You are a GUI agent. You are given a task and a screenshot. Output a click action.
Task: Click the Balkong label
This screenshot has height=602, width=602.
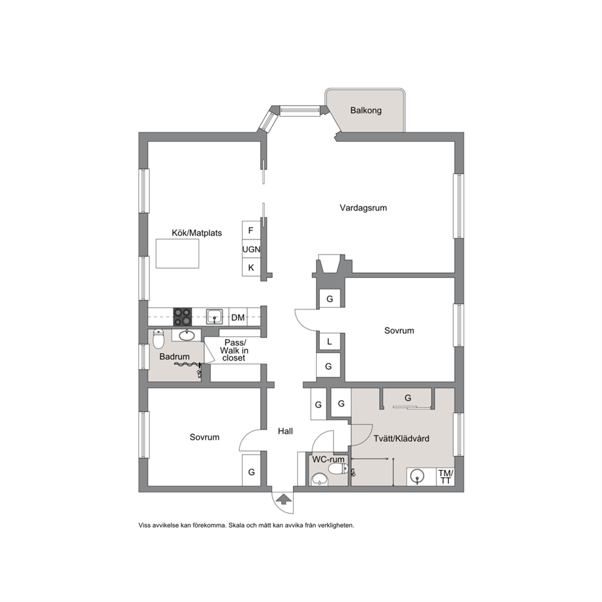pyautogui.click(x=365, y=110)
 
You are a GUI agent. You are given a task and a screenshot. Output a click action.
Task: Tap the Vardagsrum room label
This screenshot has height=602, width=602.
pyautogui.click(x=363, y=208)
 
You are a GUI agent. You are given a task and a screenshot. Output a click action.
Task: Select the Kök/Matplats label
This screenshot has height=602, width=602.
pyautogui.click(x=197, y=232)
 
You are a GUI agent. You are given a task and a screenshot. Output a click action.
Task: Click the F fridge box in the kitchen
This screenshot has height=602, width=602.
pyautogui.click(x=251, y=231)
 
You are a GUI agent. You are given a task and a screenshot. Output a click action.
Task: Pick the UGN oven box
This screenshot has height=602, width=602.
pyautogui.click(x=251, y=249)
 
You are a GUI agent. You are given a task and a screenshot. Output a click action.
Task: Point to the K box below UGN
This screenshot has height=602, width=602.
pyautogui.click(x=251, y=267)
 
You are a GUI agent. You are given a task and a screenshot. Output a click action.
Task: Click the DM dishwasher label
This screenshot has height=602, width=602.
pyautogui.click(x=238, y=317)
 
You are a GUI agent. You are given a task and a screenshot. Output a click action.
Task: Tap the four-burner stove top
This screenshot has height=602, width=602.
pyautogui.click(x=183, y=317)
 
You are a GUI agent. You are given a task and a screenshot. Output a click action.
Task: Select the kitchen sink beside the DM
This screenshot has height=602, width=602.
pyautogui.click(x=214, y=317)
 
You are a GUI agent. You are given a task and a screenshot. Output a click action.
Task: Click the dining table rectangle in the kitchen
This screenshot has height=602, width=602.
pyautogui.click(x=177, y=254)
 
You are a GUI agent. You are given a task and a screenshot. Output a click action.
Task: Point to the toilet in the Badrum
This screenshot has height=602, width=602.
pyautogui.click(x=158, y=338)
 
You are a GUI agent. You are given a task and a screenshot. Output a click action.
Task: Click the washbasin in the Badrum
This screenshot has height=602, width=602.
pyautogui.click(x=186, y=335)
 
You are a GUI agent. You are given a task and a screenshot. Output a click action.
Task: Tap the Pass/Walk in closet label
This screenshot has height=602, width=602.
pyautogui.click(x=234, y=350)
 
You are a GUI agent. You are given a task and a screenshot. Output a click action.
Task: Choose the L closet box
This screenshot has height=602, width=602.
pyautogui.click(x=329, y=341)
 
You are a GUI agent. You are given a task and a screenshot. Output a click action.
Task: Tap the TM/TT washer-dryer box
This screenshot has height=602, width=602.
pyautogui.click(x=446, y=476)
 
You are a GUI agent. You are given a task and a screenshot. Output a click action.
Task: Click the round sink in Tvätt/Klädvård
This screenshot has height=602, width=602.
pyautogui.click(x=417, y=476)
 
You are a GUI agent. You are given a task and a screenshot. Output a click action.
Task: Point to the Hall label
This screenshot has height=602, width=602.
pyautogui.click(x=285, y=431)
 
